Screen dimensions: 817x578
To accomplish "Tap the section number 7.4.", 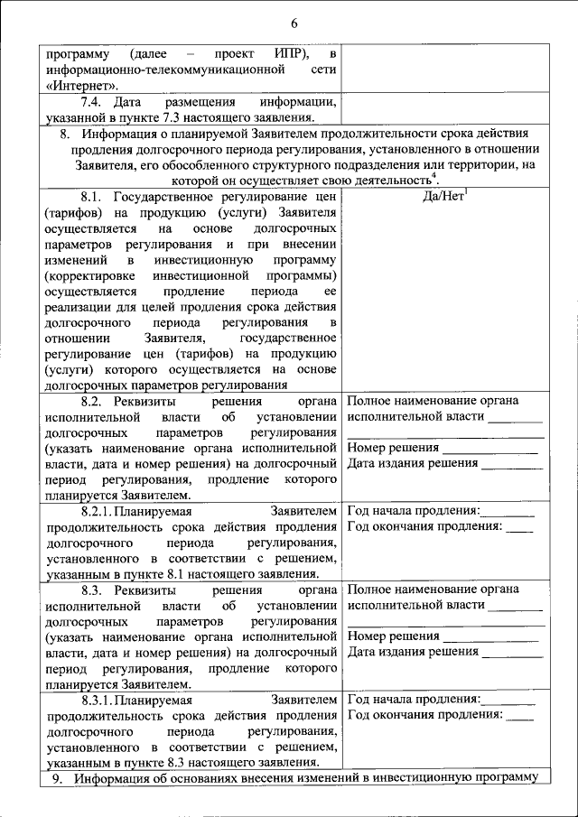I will click(92, 101).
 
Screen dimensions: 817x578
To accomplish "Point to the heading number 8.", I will click(64, 134).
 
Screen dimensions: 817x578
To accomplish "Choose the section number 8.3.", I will click(93, 588).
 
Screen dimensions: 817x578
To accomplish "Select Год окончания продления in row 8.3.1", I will click(424, 714).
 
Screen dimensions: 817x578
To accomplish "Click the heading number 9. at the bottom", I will click(60, 777).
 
